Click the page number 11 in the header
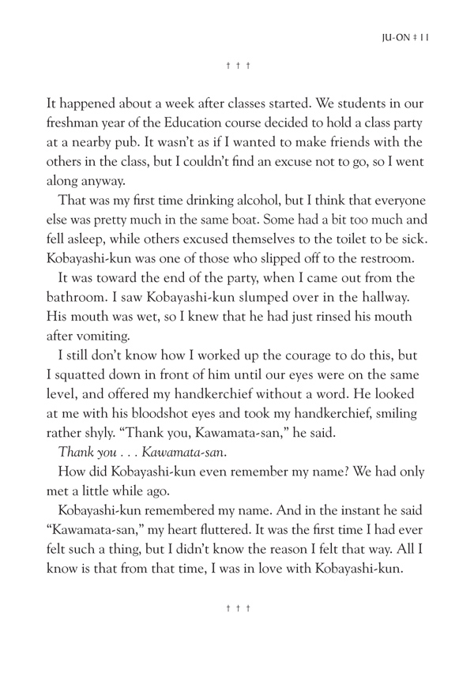(423, 36)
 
